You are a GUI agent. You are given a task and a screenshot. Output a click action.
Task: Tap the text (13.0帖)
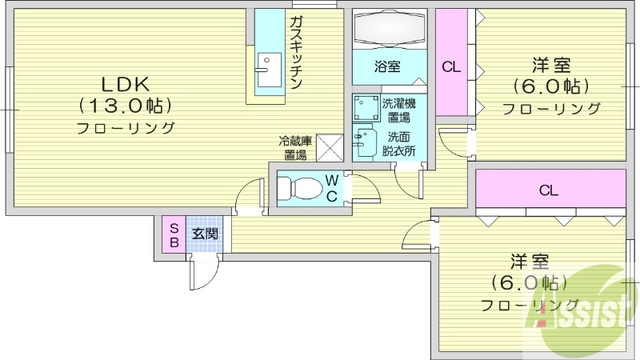126,106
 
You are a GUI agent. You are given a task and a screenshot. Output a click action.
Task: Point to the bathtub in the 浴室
389,30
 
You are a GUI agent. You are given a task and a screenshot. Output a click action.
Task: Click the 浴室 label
389,67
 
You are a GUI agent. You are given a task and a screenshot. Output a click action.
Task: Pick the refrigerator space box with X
329,146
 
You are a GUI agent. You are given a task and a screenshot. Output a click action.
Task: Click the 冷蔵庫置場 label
294,148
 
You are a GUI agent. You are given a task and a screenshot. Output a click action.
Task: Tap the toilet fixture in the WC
303,188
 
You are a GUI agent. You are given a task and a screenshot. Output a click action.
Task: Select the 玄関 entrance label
204,234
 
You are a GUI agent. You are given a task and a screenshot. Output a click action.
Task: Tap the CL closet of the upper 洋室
451,67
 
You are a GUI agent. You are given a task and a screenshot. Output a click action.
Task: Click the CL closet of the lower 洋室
548,190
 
